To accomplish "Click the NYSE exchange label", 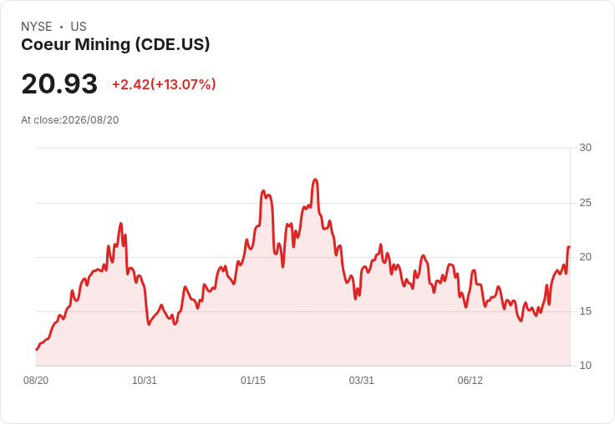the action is point(37,27).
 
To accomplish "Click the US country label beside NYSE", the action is point(79,27).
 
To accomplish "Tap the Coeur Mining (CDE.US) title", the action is point(115,45).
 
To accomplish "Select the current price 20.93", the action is point(59,83).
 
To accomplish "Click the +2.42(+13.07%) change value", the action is point(164,84).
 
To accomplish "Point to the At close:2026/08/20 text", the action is point(70,120).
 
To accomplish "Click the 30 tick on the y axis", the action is point(585,148).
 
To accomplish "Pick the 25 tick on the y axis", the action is point(585,203).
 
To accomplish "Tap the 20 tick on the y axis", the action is point(585,257).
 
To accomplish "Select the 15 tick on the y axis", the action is point(585,311).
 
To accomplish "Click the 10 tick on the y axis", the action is point(585,366).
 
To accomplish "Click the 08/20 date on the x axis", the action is point(36,381).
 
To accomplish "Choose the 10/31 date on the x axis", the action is point(145,381).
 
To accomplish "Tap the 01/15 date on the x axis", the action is point(253,381).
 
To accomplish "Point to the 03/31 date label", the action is point(362,381).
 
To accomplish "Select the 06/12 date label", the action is point(470,381).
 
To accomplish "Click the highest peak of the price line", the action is point(315,179).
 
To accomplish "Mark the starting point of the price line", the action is point(37,349).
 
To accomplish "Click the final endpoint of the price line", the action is point(569,247).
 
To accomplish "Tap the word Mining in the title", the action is point(103,45).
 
